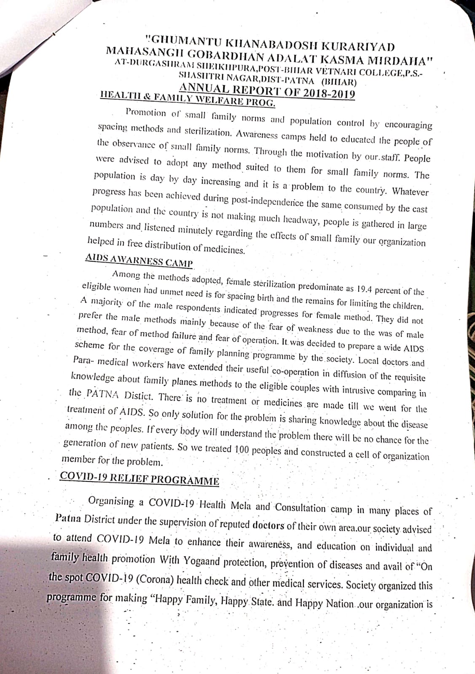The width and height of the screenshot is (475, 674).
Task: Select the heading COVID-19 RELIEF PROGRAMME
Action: click(140, 479)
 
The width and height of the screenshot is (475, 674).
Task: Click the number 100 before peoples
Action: click(242, 449)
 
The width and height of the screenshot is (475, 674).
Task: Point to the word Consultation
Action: click(300, 508)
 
